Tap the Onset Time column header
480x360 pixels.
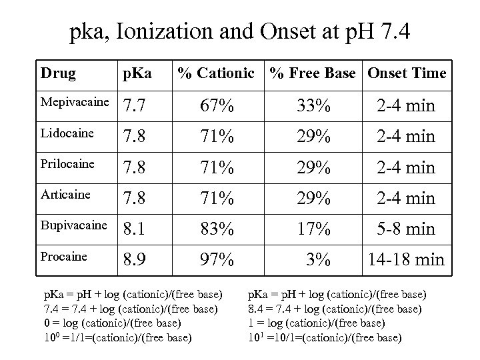(x=406, y=73)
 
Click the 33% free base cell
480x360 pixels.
(x=313, y=105)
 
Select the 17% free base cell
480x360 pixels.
(x=313, y=228)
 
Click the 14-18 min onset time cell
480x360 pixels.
(x=407, y=259)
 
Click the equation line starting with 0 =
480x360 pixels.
(x=112, y=323)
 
